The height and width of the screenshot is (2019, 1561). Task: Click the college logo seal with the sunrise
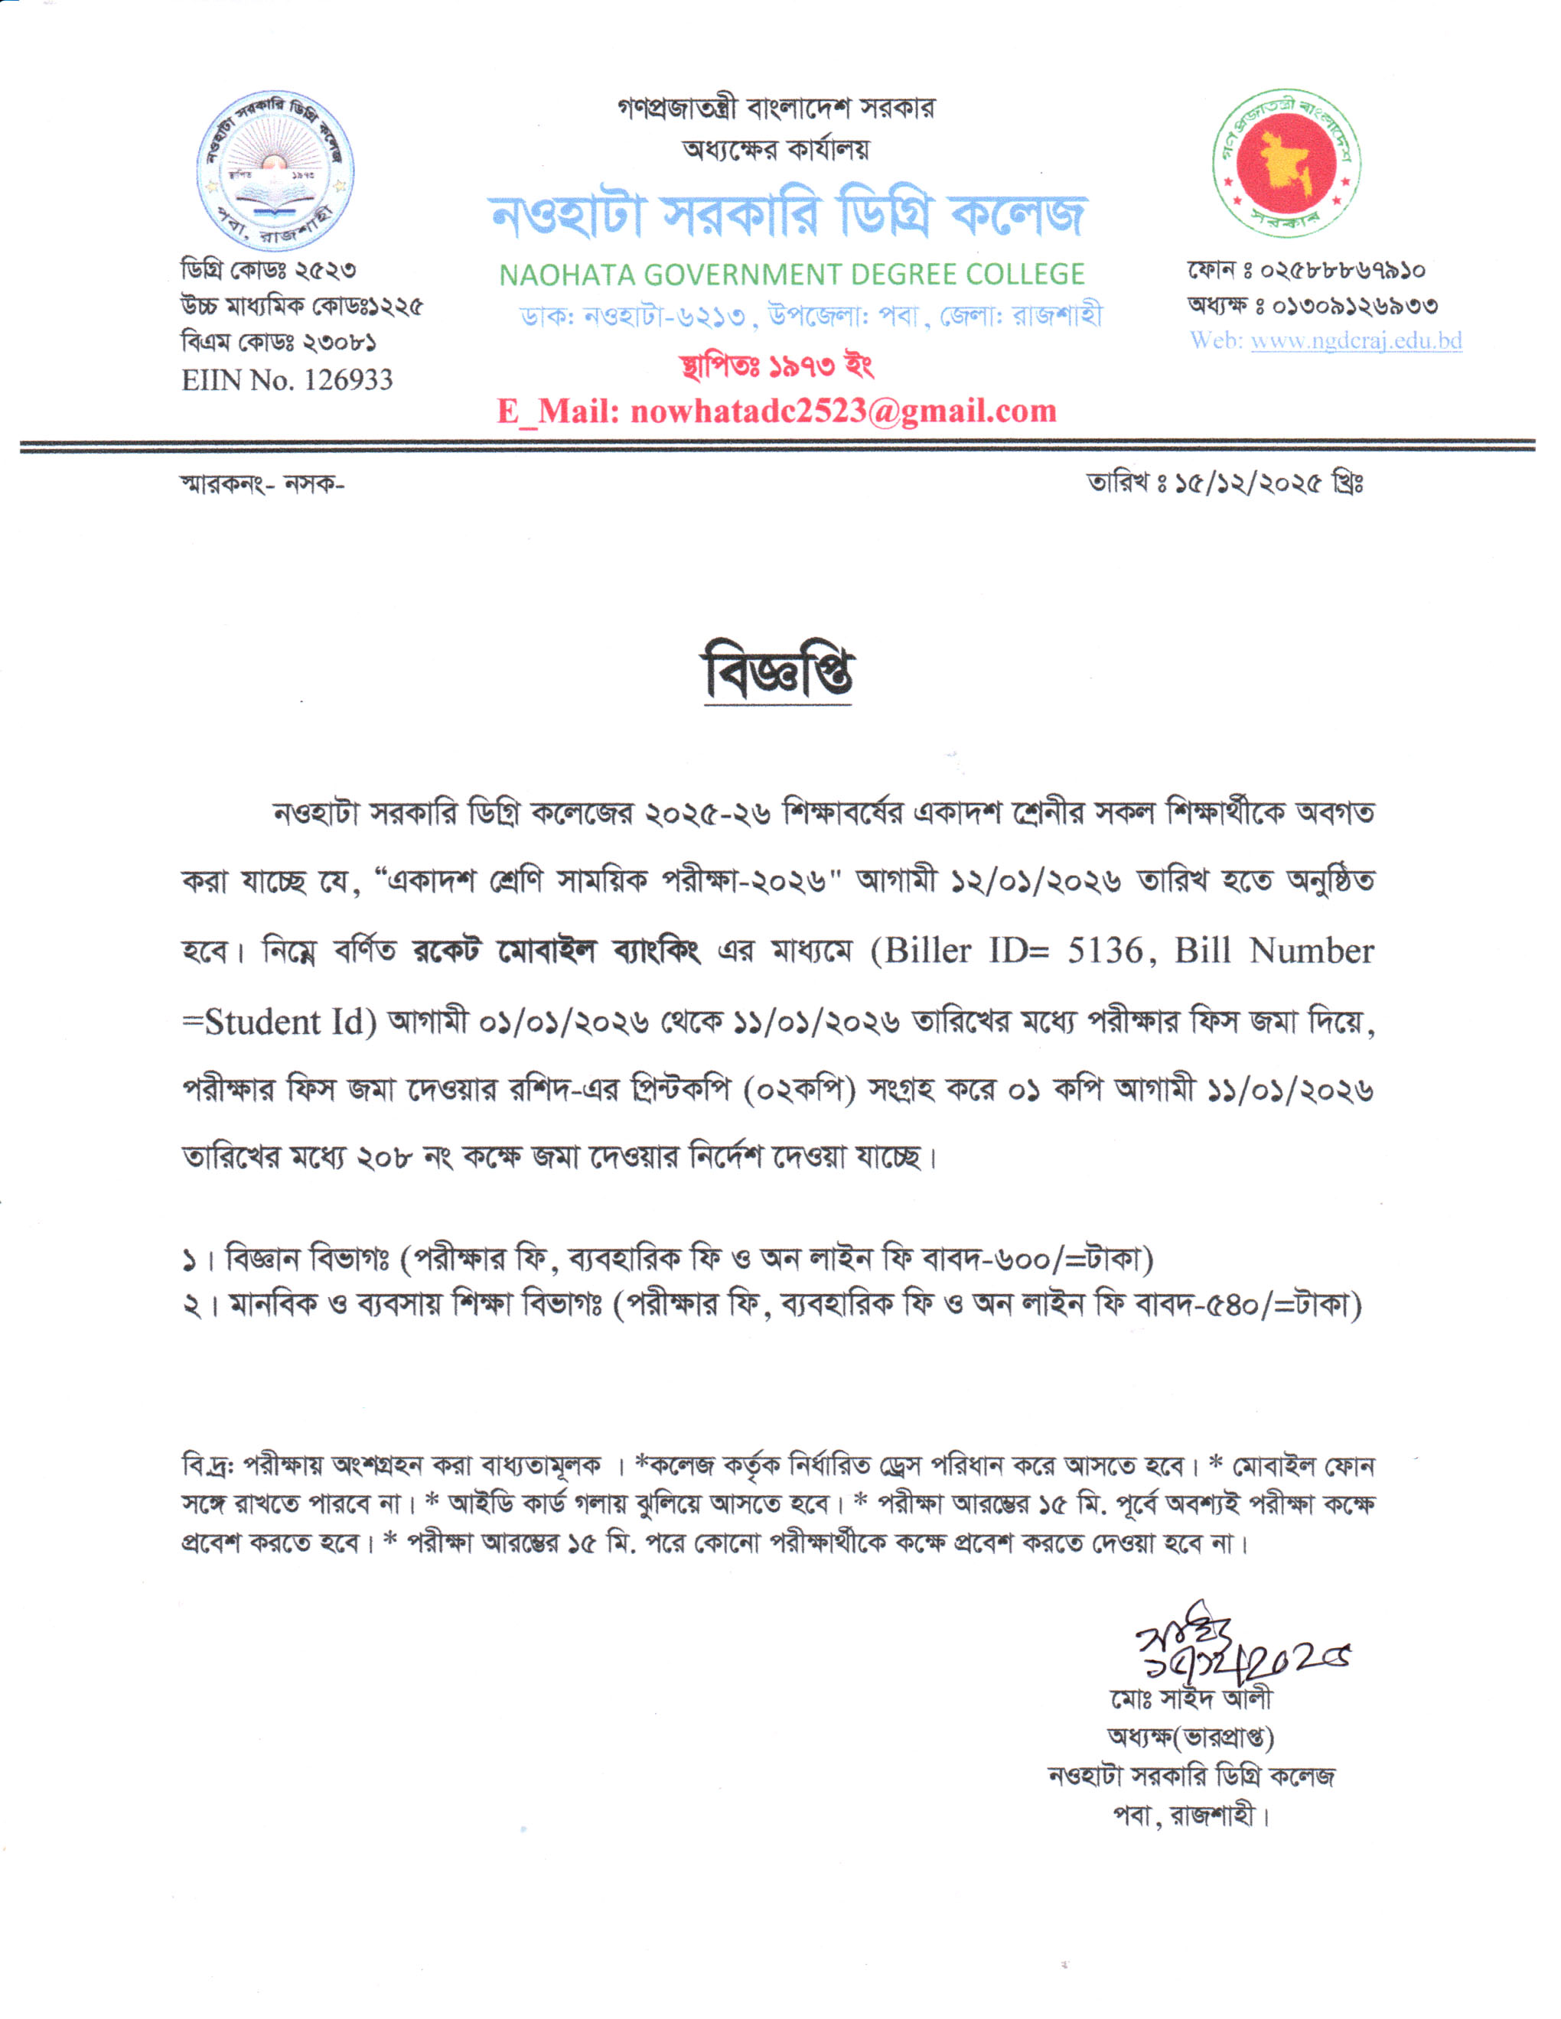(x=275, y=172)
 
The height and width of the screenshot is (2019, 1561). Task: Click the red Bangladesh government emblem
(x=1286, y=164)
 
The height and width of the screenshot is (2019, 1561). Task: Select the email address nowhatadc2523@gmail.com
(x=842, y=411)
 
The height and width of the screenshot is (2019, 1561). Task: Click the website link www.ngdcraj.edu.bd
(x=1356, y=341)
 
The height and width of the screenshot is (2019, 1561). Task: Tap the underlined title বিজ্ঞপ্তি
(x=777, y=673)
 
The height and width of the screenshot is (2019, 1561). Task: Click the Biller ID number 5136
(x=1104, y=951)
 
